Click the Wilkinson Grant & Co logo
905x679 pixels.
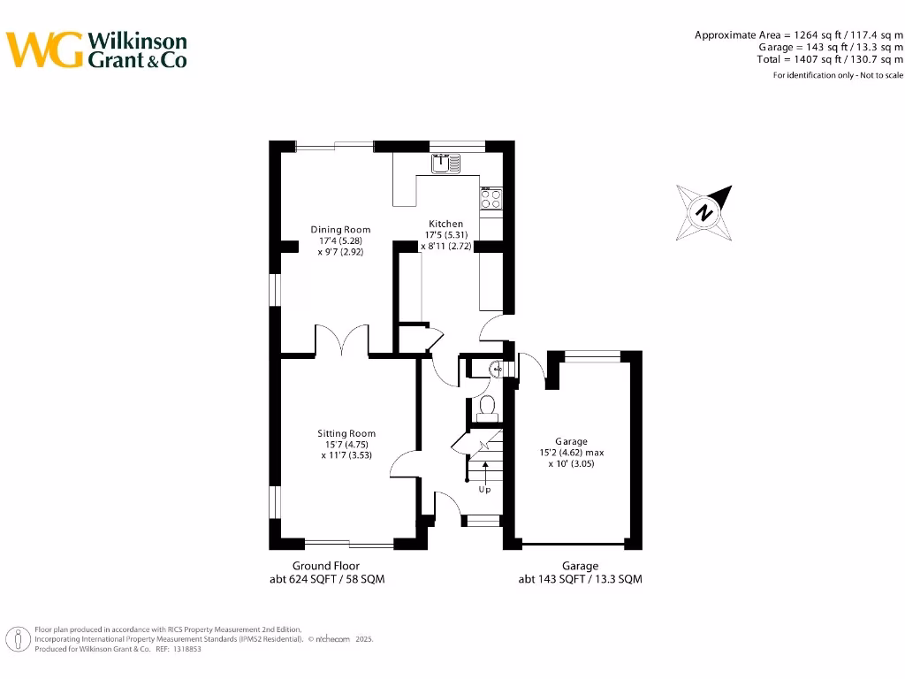[x=97, y=50]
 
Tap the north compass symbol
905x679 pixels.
[x=704, y=213]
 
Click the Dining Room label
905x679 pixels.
[x=340, y=230]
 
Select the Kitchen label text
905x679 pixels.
[x=446, y=224]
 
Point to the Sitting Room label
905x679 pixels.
[x=346, y=433]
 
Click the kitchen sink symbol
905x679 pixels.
[x=445, y=163]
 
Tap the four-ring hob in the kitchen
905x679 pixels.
[x=491, y=198]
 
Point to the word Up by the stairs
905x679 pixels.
[x=484, y=490]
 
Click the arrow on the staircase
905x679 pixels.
[x=484, y=469]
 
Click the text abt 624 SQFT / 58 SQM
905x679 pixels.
[x=327, y=580]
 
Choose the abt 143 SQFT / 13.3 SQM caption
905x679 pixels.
[x=580, y=580]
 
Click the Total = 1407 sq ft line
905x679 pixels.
[x=830, y=59]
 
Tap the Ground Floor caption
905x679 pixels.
[x=326, y=566]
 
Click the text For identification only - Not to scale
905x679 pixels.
[x=838, y=75]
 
